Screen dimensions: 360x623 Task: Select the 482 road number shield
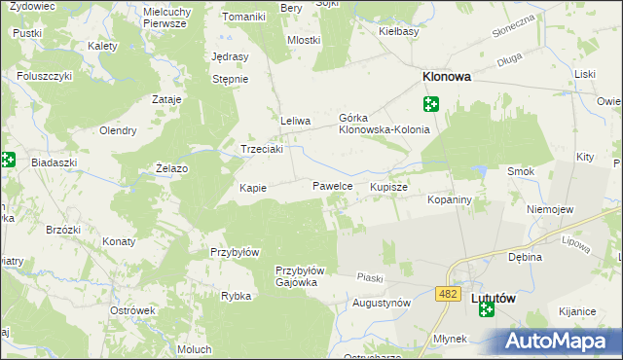449,292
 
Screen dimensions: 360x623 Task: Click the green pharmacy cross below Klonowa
430,103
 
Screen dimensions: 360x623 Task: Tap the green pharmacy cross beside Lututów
486,309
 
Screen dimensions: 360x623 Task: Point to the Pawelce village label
332,184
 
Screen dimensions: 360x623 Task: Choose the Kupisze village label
388,185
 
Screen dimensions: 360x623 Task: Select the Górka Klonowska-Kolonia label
384,124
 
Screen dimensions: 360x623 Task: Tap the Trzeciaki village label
262,149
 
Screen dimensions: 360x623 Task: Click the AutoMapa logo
562,342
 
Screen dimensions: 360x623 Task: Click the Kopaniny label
450,198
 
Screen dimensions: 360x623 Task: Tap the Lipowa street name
576,243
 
